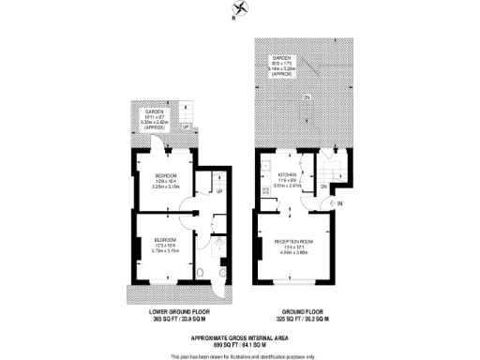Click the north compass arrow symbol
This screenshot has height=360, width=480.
(241, 11)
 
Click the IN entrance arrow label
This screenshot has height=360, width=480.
(341, 202)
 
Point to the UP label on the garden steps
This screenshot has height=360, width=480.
(186, 127)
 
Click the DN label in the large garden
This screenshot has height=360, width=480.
(307, 96)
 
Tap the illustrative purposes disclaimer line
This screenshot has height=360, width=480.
(239, 355)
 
